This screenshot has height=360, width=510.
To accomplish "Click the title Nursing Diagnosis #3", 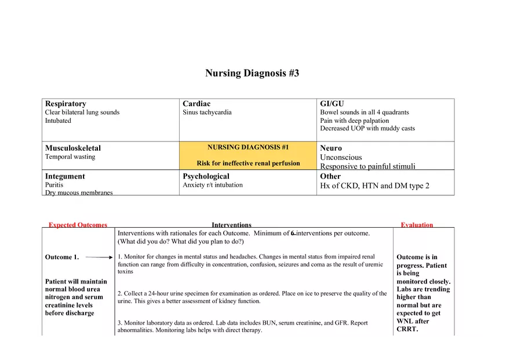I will (x=252, y=74).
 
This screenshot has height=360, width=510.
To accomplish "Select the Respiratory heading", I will (x=65, y=104).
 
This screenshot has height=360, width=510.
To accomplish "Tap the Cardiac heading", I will (x=196, y=104).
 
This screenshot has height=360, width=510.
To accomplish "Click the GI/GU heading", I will (x=331, y=104).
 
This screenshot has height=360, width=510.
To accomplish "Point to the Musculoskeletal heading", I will (x=73, y=148).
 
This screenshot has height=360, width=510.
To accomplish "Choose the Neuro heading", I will (x=331, y=148).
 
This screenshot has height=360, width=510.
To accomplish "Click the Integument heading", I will (x=65, y=176).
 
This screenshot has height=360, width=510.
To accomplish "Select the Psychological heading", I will (x=206, y=176).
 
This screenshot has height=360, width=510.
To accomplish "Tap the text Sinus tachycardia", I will (x=207, y=112).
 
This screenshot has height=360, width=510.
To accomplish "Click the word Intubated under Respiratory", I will (x=58, y=121).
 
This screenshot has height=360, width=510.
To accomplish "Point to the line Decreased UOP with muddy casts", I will (x=367, y=129).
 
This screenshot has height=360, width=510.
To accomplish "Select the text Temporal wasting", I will (x=70, y=157).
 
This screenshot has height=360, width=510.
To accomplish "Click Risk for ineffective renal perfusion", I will (x=248, y=163).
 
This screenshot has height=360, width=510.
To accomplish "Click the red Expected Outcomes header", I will (x=78, y=225).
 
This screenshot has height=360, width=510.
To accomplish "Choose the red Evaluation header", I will (x=417, y=225).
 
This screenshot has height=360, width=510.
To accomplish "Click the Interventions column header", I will (x=231, y=225).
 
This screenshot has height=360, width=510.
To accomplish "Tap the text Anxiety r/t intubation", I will (x=213, y=185).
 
